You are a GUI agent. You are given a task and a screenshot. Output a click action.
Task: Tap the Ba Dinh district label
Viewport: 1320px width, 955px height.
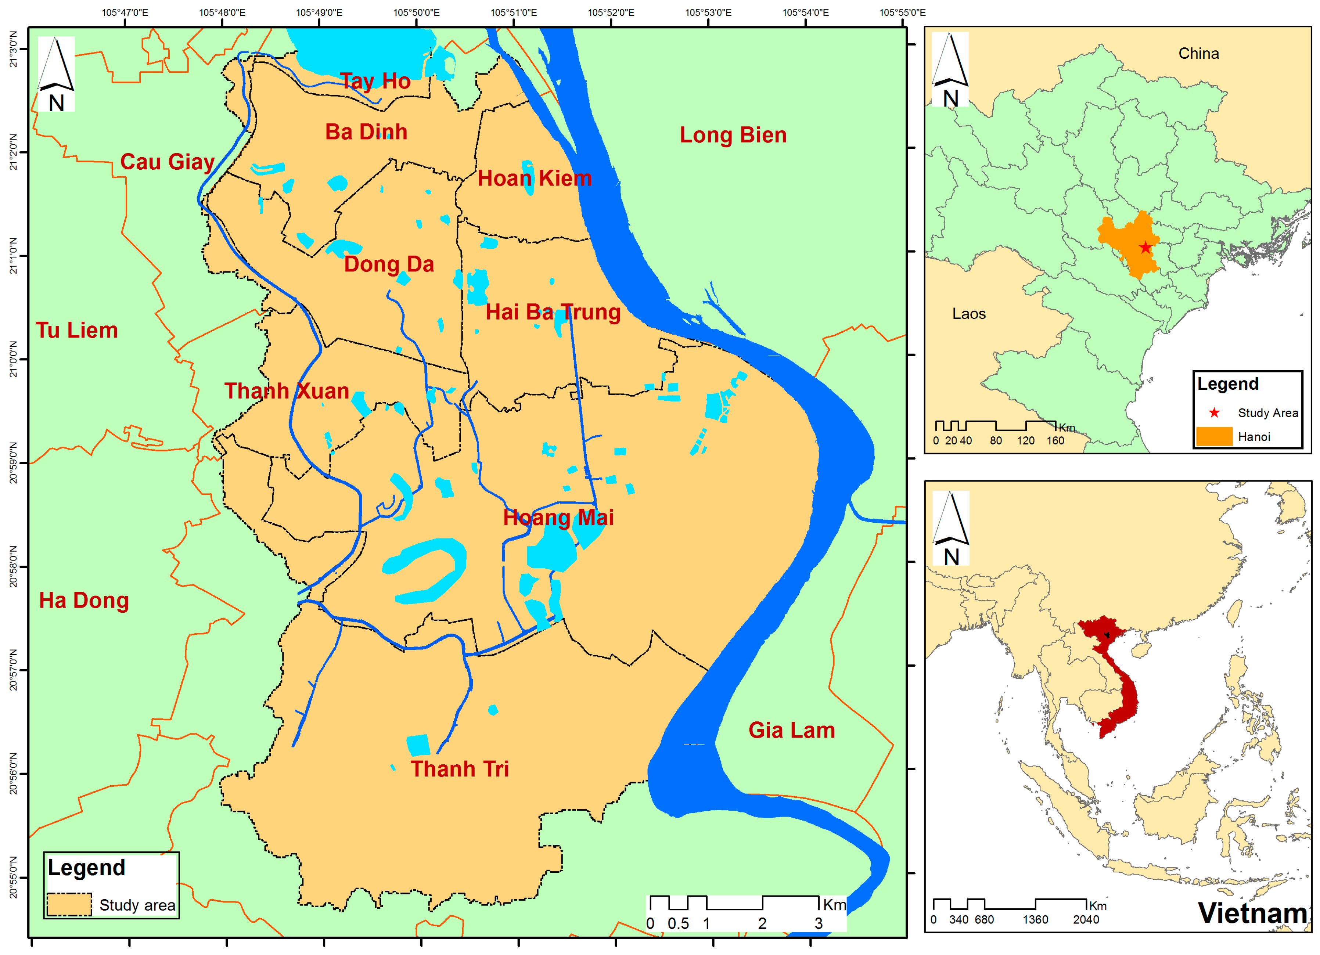[x=366, y=132]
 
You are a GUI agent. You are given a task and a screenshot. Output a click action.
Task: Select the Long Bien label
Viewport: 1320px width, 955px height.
[x=733, y=135]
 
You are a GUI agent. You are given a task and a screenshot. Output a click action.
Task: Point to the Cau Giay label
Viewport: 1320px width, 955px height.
[x=167, y=162]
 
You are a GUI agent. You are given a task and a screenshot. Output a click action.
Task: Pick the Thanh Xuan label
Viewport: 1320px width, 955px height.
[x=287, y=391]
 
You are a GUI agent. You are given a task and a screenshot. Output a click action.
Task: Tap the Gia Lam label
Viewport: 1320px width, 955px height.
[x=792, y=730]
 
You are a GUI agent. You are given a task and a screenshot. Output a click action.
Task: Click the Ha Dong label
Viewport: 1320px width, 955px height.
[x=84, y=601]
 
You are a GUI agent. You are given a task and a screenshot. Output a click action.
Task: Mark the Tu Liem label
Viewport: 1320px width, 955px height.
[x=77, y=331]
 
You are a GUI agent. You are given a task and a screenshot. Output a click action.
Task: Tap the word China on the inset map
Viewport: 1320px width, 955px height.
[x=1198, y=54]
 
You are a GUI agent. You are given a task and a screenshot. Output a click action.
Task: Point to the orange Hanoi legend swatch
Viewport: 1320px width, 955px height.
[x=1214, y=436]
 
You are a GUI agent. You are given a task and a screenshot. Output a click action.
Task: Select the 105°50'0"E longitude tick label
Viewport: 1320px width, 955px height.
[x=416, y=12]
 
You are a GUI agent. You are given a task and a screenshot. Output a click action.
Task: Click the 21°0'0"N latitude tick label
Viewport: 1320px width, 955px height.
[x=13, y=360]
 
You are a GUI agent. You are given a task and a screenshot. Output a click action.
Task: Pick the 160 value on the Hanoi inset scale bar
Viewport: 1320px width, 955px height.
[x=1055, y=440]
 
